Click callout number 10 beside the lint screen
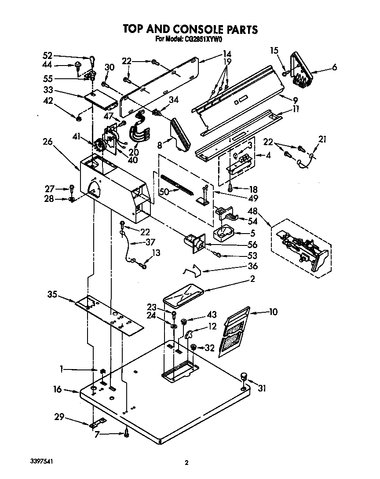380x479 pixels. (273, 312)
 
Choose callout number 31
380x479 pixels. (262, 388)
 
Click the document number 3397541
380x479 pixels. (43, 462)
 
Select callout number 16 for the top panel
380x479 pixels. (57, 389)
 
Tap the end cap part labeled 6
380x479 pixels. (301, 68)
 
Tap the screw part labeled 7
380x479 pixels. (127, 433)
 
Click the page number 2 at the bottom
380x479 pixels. (186, 462)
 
